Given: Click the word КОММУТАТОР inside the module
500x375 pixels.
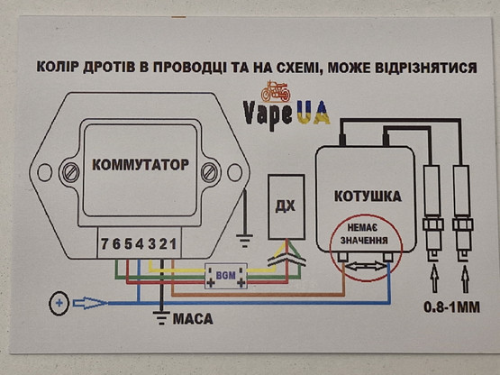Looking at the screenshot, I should coord(140,165).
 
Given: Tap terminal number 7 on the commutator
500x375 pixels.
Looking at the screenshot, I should coord(105,245).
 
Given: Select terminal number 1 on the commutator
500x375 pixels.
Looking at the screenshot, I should coord(175,245).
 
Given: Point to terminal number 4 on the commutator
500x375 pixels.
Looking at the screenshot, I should coord(140,245).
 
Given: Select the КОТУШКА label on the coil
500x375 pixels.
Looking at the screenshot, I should coord(367,196).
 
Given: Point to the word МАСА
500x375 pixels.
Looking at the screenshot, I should coord(191,318).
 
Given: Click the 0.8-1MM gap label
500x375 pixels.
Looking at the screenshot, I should coord(450,309).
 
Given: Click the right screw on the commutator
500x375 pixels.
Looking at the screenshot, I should coord(211,170).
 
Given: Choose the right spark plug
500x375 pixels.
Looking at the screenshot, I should coord(464,198).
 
